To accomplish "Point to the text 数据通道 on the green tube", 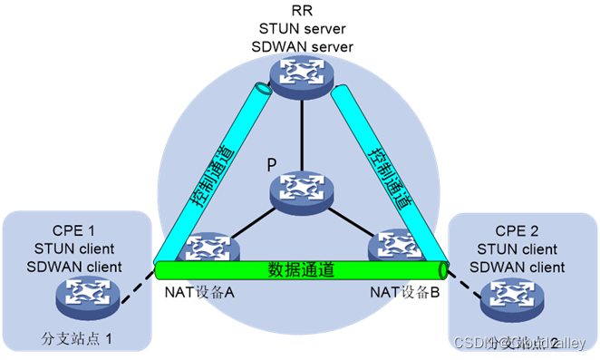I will (302, 269).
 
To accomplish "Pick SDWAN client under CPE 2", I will (518, 268).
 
